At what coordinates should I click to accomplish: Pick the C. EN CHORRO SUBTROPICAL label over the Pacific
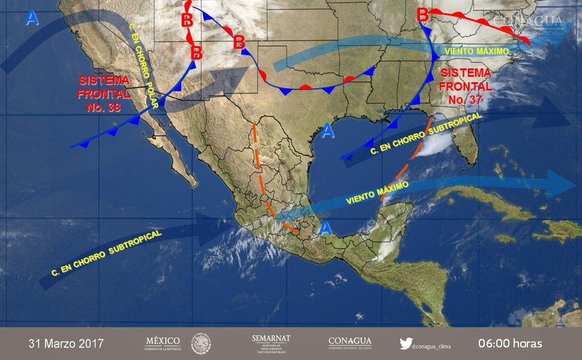pyautogui.click(x=107, y=254)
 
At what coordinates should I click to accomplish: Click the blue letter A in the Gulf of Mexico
pyautogui.click(x=327, y=131)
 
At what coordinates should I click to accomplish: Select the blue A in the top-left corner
pyautogui.click(x=32, y=19)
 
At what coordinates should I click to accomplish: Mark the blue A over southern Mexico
pyautogui.click(x=325, y=228)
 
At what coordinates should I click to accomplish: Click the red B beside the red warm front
pyautogui.click(x=422, y=14)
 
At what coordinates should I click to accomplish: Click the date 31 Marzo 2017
pyautogui.click(x=66, y=344)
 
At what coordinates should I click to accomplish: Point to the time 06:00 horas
pyautogui.click(x=510, y=344)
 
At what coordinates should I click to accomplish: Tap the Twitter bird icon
pyautogui.click(x=406, y=344)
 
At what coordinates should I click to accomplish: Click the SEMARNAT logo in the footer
pyautogui.click(x=271, y=344)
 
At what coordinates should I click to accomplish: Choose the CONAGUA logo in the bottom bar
pyautogui.click(x=350, y=343)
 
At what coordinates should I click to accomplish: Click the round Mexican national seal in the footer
pyautogui.click(x=201, y=344)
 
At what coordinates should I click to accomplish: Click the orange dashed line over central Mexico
pyautogui.click(x=263, y=180)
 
